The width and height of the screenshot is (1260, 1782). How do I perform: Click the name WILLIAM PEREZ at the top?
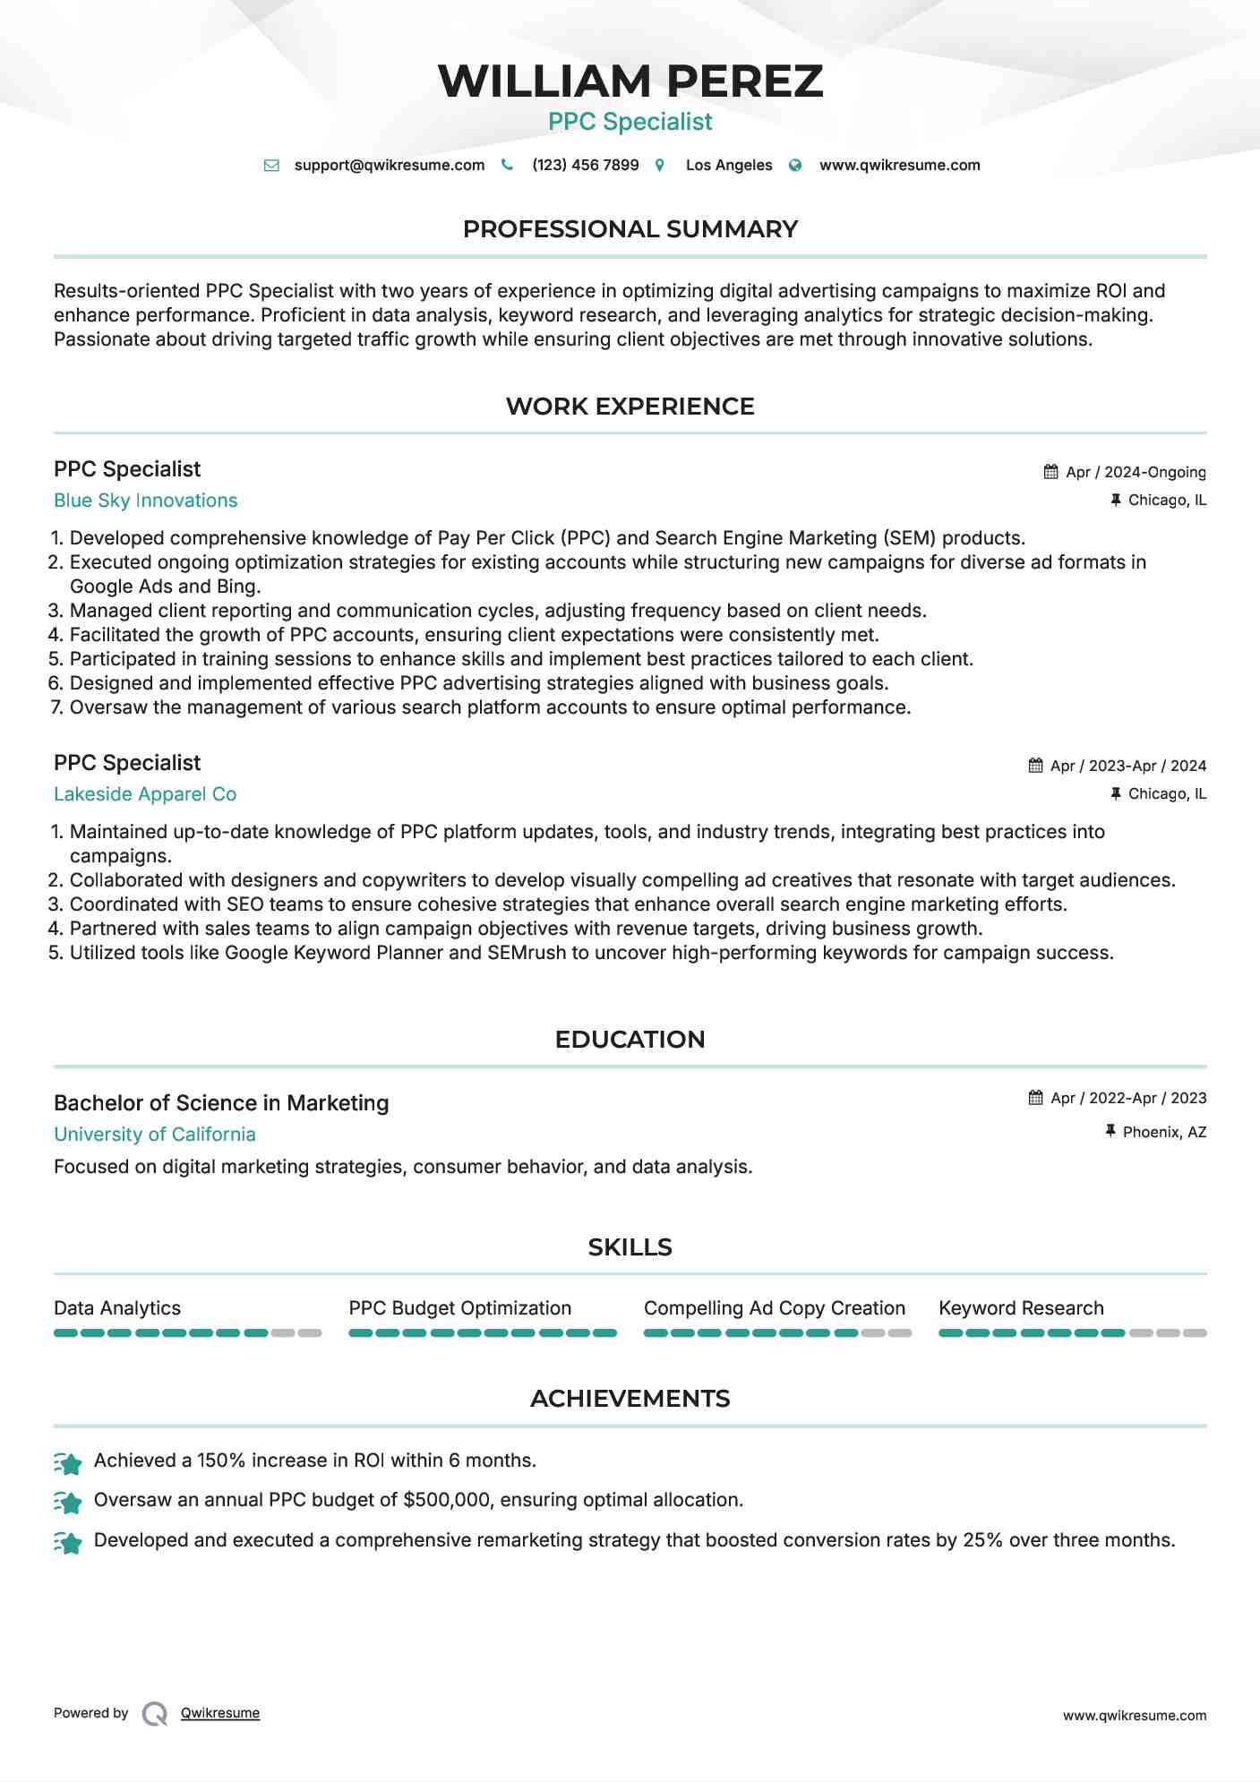[x=630, y=81]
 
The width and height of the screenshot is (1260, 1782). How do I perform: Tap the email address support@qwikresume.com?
[x=389, y=165]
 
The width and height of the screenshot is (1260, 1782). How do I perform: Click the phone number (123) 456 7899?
[x=585, y=165]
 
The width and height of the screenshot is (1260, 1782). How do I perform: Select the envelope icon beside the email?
[x=271, y=165]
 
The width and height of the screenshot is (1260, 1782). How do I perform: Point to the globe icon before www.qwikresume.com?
[x=795, y=165]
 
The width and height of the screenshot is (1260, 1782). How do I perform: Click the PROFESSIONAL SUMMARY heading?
[x=630, y=229]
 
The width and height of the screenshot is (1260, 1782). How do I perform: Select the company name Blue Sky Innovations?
[x=145, y=501]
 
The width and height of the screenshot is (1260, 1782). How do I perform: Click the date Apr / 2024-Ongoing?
[x=1136, y=472]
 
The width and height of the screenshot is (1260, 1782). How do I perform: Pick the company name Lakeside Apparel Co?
[x=145, y=794]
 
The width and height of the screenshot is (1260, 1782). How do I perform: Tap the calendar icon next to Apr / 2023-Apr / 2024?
[x=1035, y=766]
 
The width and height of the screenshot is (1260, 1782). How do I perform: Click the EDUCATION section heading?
[x=630, y=1040]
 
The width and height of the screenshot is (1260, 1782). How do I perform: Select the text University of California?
[x=155, y=1135]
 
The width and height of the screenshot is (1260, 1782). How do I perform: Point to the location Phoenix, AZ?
[x=1164, y=1132]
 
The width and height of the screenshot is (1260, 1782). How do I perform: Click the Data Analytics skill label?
[x=117, y=1308]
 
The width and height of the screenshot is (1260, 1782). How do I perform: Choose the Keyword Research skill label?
[x=1021, y=1308]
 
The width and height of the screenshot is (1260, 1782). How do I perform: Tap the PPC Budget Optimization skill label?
[x=459, y=1308]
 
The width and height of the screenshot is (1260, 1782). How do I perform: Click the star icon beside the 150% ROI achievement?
[x=68, y=1462]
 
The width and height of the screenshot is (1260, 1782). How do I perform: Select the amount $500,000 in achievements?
[x=447, y=1500]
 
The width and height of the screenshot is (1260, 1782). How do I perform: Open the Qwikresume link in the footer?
[x=220, y=1713]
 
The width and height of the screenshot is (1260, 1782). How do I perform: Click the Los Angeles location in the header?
[x=728, y=165]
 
